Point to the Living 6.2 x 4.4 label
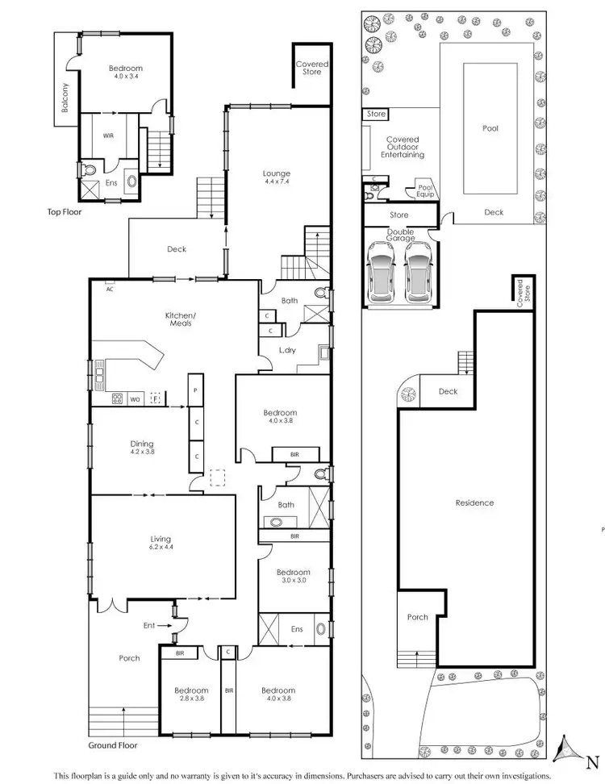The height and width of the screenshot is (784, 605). (x=160, y=543)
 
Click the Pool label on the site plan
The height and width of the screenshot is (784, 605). (x=490, y=128)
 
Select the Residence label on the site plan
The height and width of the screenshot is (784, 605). (x=474, y=503)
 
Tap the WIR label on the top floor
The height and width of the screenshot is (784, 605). (x=108, y=136)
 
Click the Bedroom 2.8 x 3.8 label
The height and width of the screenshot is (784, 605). (x=191, y=694)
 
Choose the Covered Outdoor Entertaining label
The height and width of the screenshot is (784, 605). (x=403, y=147)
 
